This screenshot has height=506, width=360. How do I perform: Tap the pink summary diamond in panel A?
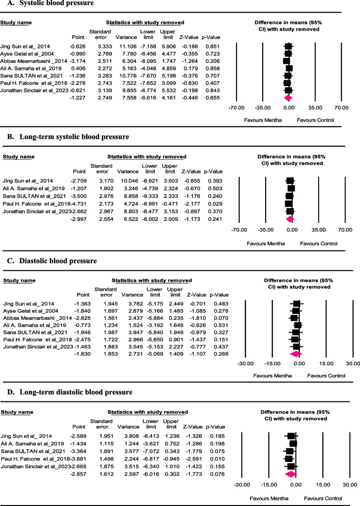[x=288, y=97]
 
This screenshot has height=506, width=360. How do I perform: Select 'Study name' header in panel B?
[x=19, y=157]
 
